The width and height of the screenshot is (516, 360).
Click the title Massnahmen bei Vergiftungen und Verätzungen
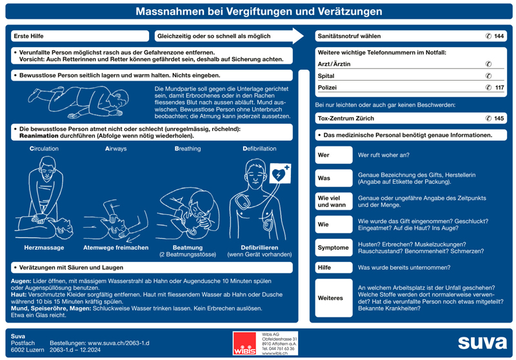257,12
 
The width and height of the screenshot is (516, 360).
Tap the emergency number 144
499,36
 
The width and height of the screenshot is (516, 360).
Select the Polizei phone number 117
499,87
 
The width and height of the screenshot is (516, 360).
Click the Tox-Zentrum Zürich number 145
499,119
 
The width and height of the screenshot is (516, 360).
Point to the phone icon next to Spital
488,75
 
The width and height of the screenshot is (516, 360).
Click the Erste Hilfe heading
29,36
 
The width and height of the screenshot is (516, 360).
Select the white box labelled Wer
333,155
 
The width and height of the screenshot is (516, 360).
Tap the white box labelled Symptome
333,248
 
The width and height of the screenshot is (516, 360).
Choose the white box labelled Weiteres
333,298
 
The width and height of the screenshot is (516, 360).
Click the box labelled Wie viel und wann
333,201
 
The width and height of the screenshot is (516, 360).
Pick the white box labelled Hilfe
333,267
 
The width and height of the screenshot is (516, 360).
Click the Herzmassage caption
44,248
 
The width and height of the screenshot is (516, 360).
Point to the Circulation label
44,148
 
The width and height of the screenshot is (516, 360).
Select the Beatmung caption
187,248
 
